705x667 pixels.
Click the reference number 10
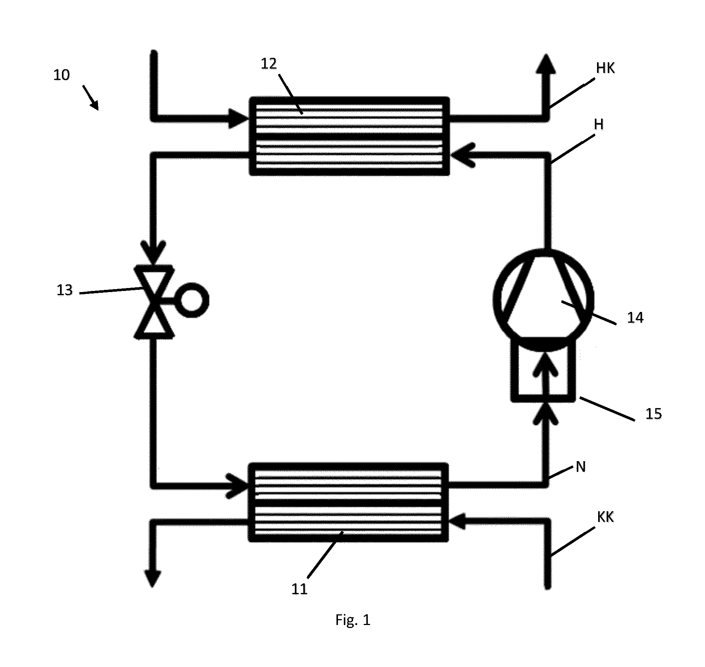[x=62, y=75]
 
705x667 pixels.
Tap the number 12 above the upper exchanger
[x=269, y=64]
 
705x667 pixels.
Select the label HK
[x=605, y=68]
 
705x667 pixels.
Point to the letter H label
[x=599, y=124]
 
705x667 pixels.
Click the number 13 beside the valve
[x=64, y=290]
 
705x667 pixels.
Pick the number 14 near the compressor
[x=635, y=317]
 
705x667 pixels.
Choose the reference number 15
[x=653, y=414]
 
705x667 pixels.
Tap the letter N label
[x=580, y=467]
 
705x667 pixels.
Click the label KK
[x=605, y=517]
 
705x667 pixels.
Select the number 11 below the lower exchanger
[x=299, y=589]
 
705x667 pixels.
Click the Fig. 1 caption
[x=353, y=620]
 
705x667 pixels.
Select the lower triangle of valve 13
[x=154, y=320]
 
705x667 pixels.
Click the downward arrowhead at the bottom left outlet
[x=153, y=578]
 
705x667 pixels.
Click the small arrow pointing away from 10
[x=91, y=98]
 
